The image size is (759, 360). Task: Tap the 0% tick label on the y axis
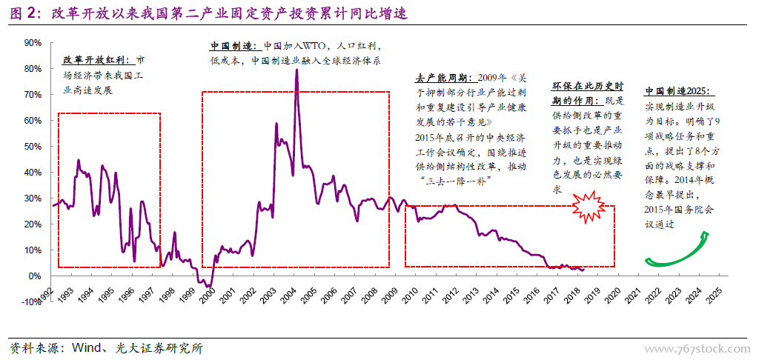34,276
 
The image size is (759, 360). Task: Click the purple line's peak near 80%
296,70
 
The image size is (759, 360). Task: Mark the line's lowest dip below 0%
210,286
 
